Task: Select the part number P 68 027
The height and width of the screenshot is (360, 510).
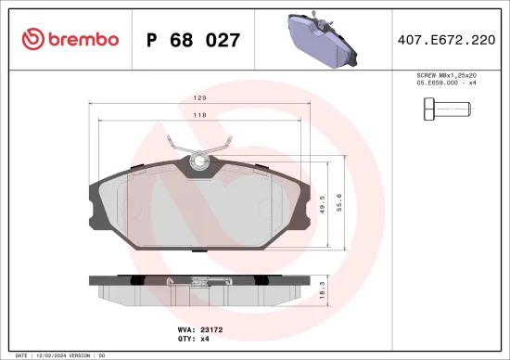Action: (x=194, y=41)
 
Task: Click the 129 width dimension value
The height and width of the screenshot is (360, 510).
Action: (x=198, y=96)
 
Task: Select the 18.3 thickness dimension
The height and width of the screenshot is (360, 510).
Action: (x=319, y=288)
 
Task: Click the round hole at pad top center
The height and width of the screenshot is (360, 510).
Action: (x=198, y=162)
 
